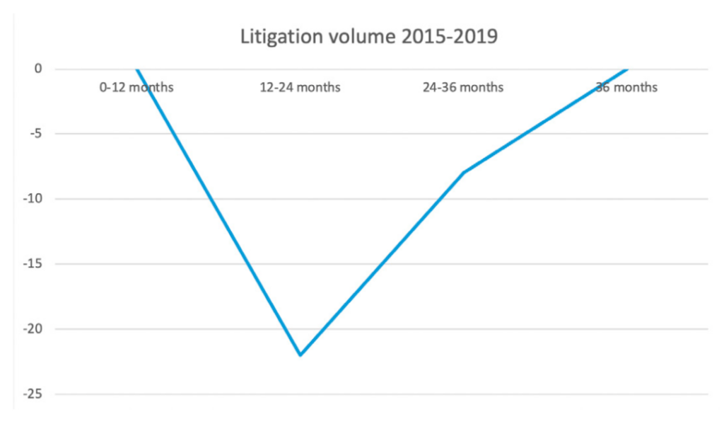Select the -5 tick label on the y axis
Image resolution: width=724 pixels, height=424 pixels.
(x=35, y=134)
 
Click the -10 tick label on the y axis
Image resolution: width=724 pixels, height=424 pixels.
(x=32, y=199)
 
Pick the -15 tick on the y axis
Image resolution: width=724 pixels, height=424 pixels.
(x=32, y=264)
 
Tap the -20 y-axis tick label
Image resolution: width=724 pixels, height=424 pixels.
(x=32, y=329)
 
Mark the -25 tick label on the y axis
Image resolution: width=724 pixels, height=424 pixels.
(x=32, y=394)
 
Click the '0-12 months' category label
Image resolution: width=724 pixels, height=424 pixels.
(x=136, y=88)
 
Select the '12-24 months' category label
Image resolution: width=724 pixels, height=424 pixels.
(x=300, y=88)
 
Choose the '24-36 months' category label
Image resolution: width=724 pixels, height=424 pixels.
(x=463, y=88)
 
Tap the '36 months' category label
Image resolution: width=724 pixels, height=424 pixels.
(x=626, y=88)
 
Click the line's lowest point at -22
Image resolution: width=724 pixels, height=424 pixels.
(x=300, y=355)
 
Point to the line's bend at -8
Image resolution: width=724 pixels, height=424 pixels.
(x=463, y=173)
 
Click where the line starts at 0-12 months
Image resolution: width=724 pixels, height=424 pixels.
(x=136, y=69)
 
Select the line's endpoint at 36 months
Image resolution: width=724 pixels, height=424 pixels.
(x=626, y=69)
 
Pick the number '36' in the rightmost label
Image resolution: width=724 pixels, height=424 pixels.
(x=603, y=88)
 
